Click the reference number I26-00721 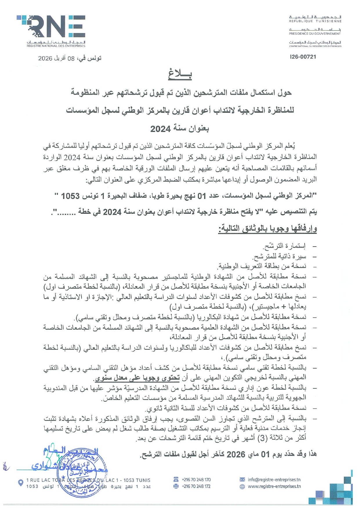(x=303, y=57)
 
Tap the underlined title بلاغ (x=180, y=75)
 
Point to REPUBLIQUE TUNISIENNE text (x=315, y=21)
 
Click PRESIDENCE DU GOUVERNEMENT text (x=315, y=34)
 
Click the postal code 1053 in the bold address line (x=70, y=196)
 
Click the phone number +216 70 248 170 (x=196, y=480)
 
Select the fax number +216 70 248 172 (x=196, y=486)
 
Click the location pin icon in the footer (x=21, y=483)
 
